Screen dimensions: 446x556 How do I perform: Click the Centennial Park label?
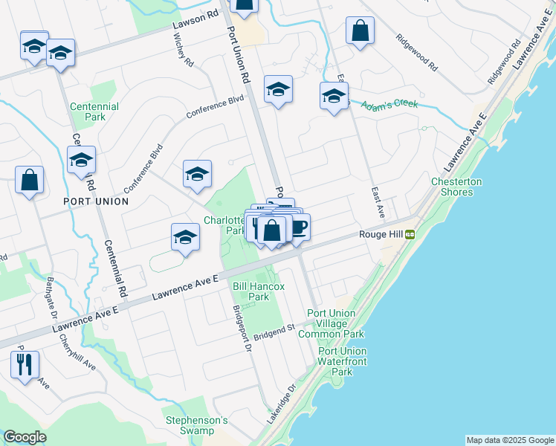pos(94,111)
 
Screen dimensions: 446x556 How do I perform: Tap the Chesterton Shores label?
pos(456,187)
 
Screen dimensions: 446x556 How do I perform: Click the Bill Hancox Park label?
pos(250,291)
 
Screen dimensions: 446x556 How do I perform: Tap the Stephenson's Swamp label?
pos(195,425)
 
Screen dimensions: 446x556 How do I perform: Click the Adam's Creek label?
pos(389,105)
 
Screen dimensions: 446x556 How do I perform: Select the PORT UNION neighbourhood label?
pos(96,201)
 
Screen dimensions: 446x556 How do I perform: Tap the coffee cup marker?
pos(297,227)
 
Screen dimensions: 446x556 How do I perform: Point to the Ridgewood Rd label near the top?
pos(417,53)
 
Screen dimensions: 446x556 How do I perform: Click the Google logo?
pos(25,437)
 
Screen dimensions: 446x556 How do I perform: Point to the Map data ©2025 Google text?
pos(509,440)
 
